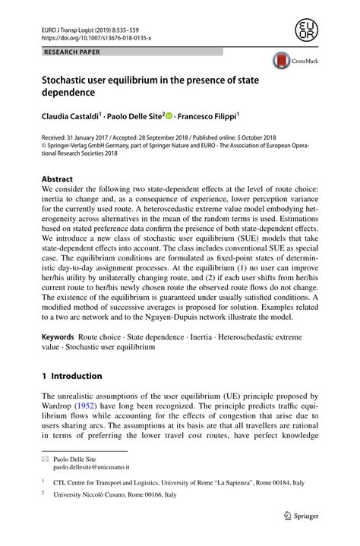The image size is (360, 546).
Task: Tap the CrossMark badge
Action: click(291, 63)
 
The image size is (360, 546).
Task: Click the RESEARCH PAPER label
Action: click(72, 52)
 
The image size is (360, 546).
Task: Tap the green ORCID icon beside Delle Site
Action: click(169, 116)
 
